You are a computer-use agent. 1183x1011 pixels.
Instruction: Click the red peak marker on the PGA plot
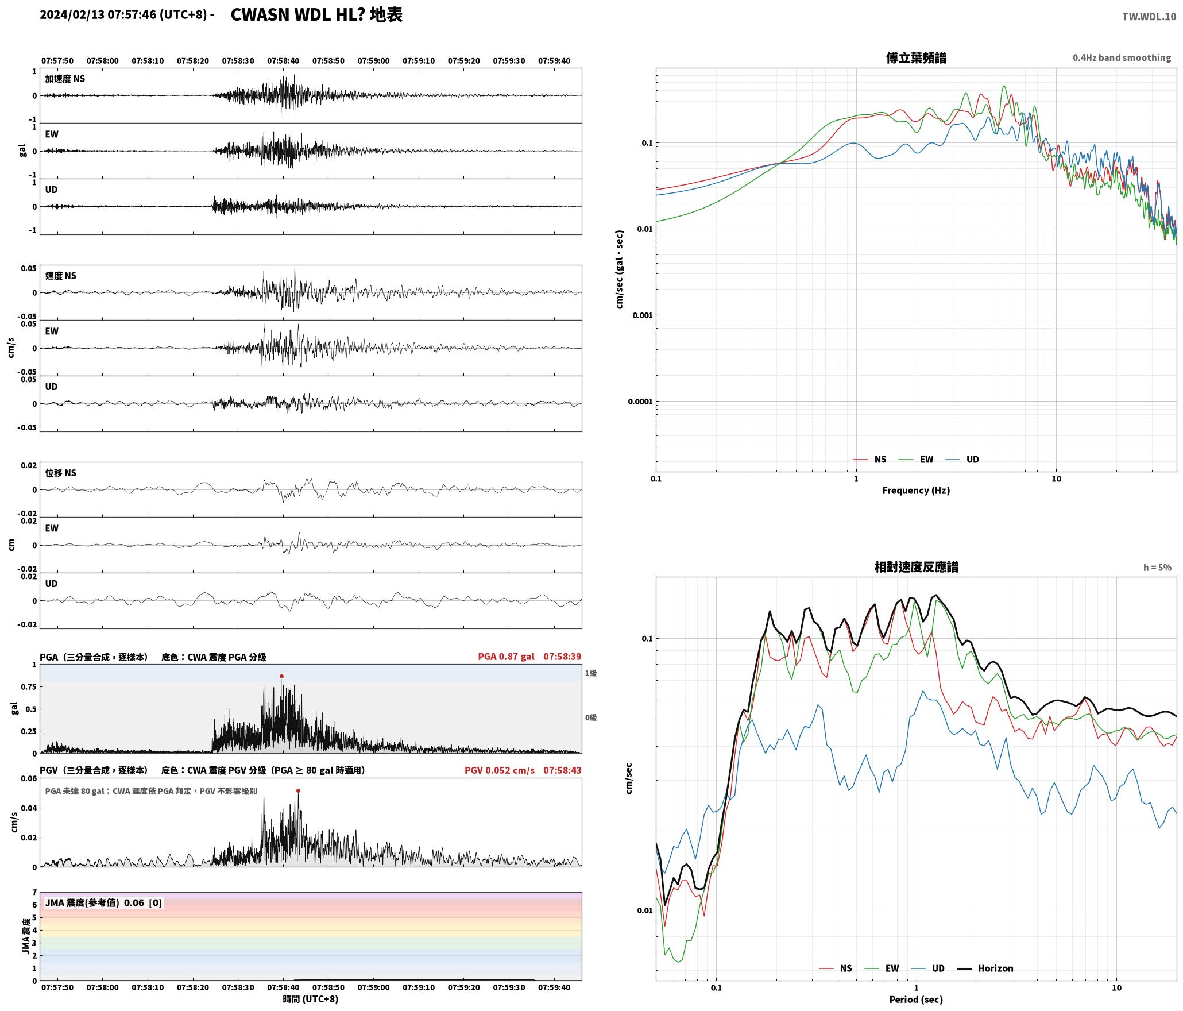click(281, 676)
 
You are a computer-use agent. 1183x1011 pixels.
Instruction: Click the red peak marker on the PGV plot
click(298, 790)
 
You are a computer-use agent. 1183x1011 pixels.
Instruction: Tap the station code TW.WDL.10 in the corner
click(1149, 17)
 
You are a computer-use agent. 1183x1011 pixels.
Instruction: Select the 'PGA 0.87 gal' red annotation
click(506, 657)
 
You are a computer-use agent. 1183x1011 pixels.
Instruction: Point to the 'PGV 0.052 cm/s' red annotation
click(499, 770)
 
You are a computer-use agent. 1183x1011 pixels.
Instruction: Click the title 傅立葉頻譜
click(916, 58)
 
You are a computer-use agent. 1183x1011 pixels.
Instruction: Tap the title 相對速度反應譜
click(916, 567)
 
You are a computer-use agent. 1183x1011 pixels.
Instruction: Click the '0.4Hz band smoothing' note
click(1122, 58)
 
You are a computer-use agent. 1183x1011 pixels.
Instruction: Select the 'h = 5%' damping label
click(1157, 568)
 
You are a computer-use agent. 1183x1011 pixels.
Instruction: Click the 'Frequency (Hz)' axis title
click(916, 491)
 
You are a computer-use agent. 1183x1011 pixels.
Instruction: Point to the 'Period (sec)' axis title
click(916, 1000)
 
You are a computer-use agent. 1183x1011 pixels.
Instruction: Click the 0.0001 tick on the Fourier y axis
click(640, 402)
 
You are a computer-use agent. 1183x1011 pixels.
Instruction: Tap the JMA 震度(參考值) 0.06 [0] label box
click(103, 903)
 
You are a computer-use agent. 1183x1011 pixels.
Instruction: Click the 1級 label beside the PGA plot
click(591, 673)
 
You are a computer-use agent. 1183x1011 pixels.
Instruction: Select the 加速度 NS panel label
click(65, 79)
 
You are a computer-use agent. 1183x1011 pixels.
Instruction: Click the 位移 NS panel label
click(61, 473)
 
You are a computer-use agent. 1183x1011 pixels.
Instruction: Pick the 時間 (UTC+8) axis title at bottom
click(310, 1000)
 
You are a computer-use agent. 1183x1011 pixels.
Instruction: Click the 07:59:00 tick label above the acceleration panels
click(373, 61)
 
